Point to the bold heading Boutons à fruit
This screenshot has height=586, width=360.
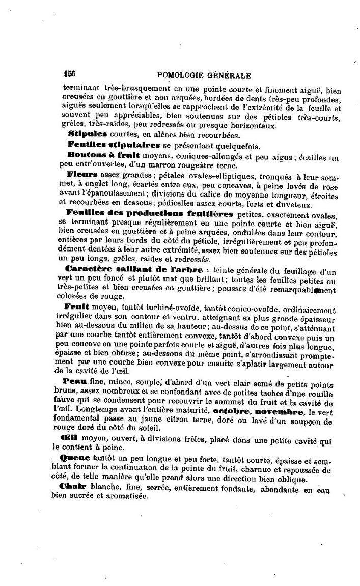point(104,155)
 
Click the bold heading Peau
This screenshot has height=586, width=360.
point(75,381)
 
